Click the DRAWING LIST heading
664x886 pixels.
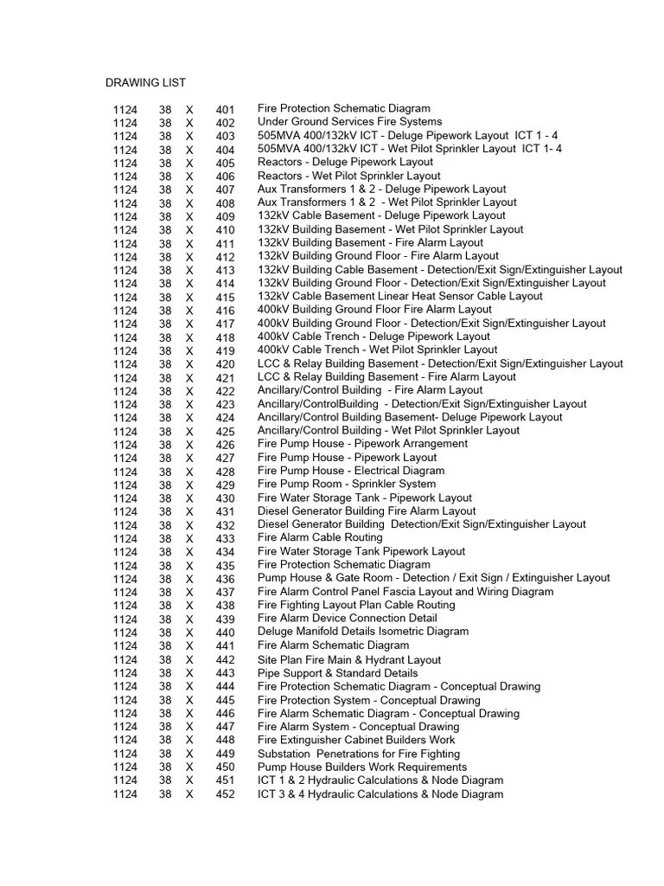click(145, 83)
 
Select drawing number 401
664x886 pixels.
click(225, 110)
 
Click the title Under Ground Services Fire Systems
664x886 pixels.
click(349, 122)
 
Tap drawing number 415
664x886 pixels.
click(225, 298)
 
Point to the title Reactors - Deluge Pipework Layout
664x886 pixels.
click(345, 162)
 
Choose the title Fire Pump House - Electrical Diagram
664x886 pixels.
click(350, 471)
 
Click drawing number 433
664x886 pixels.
click(225, 539)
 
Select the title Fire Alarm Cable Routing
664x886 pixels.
click(320, 537)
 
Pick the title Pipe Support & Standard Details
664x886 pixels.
click(337, 672)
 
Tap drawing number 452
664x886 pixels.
click(225, 795)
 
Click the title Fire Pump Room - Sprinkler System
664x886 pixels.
click(346, 484)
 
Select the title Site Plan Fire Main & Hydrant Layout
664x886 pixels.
click(349, 659)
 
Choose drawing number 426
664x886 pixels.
click(225, 446)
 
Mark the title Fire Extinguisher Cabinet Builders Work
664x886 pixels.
click(356, 740)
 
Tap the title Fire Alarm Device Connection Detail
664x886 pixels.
click(347, 618)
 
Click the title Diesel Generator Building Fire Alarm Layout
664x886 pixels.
click(367, 510)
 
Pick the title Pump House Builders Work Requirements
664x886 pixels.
click(361, 767)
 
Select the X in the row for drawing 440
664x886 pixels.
click(189, 633)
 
